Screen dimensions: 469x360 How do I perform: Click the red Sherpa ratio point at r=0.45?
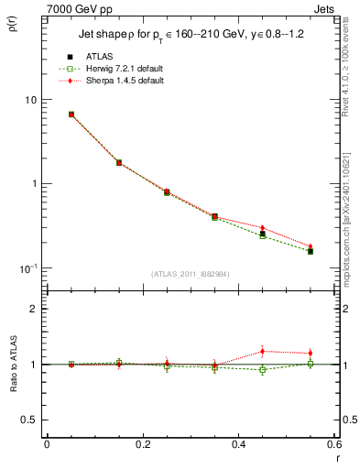click(262, 351)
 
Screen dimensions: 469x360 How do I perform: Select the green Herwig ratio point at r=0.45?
click(262, 370)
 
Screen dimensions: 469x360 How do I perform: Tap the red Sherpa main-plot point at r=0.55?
click(311, 246)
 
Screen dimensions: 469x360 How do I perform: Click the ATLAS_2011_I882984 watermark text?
click(190, 273)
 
